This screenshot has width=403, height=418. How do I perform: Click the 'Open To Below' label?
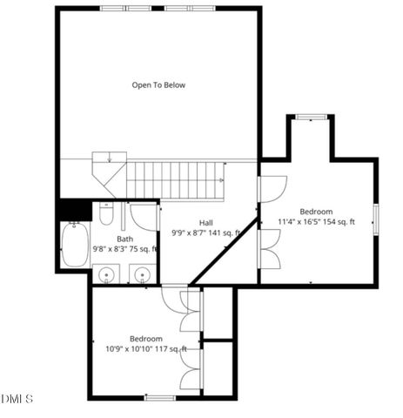coord(158,85)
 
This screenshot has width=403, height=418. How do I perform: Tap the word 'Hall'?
coord(206,223)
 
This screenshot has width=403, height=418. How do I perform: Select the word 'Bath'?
coord(125,239)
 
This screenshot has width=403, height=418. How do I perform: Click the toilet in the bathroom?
coord(106,213)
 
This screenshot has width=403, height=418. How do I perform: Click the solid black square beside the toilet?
coord(74,210)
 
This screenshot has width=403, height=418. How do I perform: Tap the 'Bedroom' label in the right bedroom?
coord(316,212)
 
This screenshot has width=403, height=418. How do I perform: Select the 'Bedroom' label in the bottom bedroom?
coord(146,339)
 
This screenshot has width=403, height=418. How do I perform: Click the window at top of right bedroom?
coord(309,117)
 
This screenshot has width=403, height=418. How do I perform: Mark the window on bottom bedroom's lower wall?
coord(159,398)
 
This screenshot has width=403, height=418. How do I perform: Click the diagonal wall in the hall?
coord(225,252)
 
